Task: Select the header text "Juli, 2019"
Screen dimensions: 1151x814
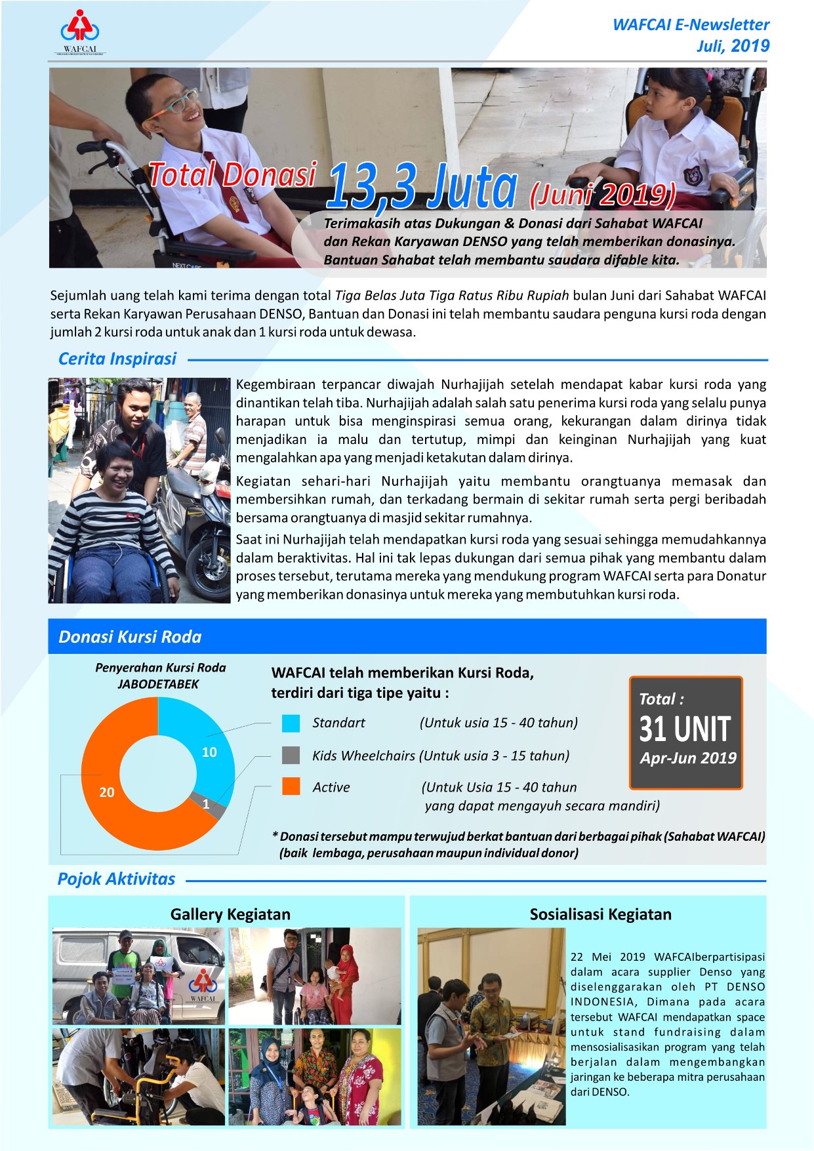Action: click(x=733, y=46)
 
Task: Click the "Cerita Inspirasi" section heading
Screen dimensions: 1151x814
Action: click(x=117, y=359)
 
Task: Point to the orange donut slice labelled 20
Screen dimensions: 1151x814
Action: click(x=112, y=807)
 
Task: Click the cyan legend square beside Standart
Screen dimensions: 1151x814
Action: click(x=291, y=723)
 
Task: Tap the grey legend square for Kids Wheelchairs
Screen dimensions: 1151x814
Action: click(x=291, y=755)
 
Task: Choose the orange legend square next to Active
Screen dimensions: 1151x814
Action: click(x=291, y=786)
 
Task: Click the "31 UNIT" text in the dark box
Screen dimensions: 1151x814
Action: click(x=685, y=729)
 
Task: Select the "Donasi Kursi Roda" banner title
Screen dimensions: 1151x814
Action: click(x=130, y=637)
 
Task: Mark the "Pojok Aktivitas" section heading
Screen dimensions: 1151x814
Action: click(x=116, y=879)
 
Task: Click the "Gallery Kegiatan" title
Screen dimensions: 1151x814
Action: click(x=230, y=914)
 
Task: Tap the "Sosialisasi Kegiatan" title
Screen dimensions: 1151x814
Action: click(x=600, y=914)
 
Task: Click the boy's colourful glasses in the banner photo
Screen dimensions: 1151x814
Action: click(x=172, y=104)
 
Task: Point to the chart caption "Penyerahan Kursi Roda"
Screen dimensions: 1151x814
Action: click(x=160, y=668)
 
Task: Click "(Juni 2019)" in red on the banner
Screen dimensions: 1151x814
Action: click(x=602, y=194)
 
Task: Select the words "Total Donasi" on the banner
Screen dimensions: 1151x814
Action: click(x=232, y=175)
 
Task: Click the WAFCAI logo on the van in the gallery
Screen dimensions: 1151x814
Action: click(x=203, y=984)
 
